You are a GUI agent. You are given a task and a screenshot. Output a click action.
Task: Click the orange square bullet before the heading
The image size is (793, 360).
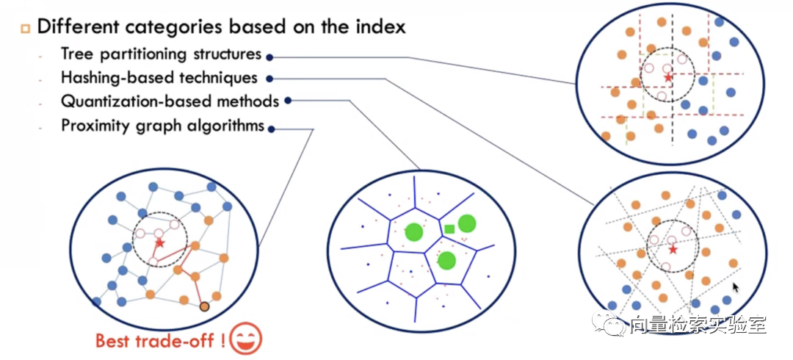click(x=24, y=29)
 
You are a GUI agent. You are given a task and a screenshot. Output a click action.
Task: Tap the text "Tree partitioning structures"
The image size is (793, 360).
click(x=161, y=54)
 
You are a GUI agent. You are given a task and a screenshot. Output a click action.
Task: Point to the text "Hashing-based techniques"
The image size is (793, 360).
click(x=159, y=77)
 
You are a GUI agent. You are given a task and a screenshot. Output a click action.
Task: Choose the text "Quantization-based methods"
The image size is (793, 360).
click(x=170, y=101)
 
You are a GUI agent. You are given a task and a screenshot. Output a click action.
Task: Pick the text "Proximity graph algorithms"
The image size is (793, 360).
click(x=162, y=126)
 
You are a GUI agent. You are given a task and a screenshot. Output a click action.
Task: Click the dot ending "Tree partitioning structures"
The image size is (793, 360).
click(x=269, y=56)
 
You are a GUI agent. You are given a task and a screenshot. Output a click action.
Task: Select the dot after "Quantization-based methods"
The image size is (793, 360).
click(x=287, y=101)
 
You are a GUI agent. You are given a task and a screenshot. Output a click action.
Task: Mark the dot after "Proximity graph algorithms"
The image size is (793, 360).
click(x=272, y=129)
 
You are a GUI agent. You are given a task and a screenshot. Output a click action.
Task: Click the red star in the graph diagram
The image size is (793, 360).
click(x=160, y=242)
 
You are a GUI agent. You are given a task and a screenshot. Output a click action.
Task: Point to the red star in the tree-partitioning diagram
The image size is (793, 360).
click(x=667, y=76)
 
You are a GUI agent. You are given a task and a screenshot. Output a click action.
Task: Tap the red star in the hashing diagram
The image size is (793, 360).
click(x=673, y=251)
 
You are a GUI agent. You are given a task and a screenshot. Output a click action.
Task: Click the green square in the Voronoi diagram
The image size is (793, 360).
click(x=449, y=229)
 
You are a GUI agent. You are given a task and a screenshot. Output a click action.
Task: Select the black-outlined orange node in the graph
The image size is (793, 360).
click(x=204, y=306)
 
